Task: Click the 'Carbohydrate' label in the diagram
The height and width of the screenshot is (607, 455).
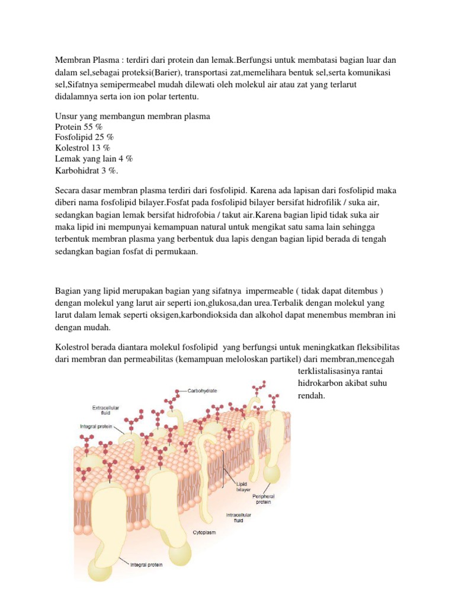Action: [203, 391]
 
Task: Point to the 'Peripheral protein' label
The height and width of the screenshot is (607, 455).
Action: [263, 499]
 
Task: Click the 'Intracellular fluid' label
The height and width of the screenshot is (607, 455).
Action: [239, 517]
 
